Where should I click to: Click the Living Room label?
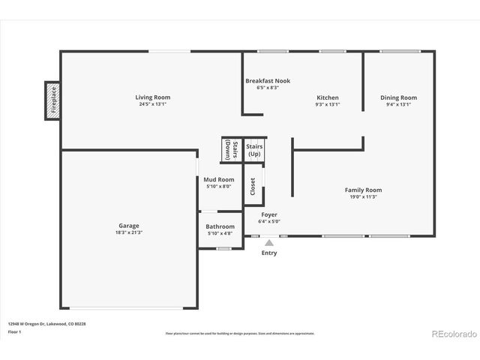[x=152, y=97]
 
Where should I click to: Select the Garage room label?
[x=128, y=226]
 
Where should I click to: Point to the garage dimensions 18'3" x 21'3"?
[x=128, y=232]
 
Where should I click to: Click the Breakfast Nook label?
[x=268, y=81]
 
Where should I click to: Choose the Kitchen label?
[x=328, y=97]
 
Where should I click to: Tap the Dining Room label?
[x=398, y=97]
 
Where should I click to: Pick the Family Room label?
[x=363, y=190]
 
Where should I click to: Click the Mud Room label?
[x=219, y=180]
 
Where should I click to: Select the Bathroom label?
[x=220, y=226]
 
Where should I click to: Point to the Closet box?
[x=253, y=187]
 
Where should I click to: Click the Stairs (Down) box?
[x=231, y=150]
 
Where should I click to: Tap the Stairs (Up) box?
[x=254, y=150]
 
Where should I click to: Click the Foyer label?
[x=268, y=215]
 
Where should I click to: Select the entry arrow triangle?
[x=269, y=241]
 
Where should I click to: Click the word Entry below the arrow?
[x=268, y=253]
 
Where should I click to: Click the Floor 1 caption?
[x=15, y=331]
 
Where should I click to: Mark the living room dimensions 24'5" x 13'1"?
[x=152, y=104]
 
